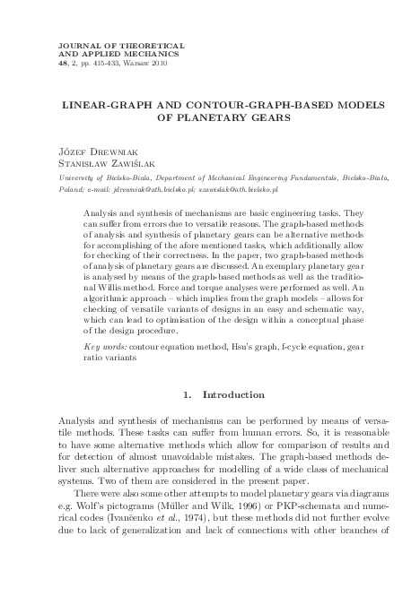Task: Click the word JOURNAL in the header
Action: pyautogui.click(x=76, y=44)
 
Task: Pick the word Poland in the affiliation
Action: pyautogui.click(x=68, y=191)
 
